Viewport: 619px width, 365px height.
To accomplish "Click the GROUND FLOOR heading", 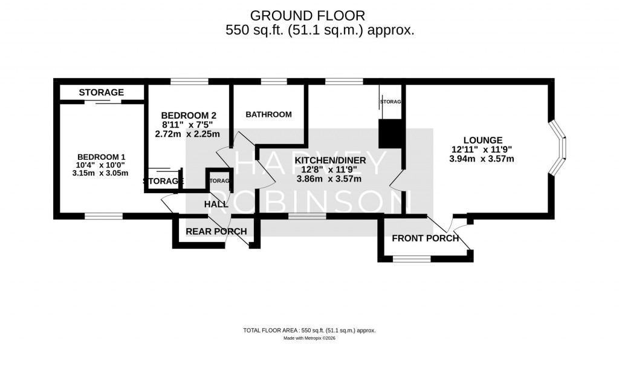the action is click(308, 16).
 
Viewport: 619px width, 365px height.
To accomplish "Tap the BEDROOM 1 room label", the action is click(101, 157).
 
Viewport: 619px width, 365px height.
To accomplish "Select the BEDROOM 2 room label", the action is click(189, 116).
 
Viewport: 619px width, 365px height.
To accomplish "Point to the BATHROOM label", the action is click(268, 114).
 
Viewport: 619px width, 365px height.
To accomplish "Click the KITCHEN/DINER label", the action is click(331, 160).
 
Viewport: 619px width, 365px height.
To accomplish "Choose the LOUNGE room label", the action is click(483, 140).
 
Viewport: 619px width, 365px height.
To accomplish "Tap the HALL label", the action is click(216, 204).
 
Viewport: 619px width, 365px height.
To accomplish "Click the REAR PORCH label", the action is click(216, 231).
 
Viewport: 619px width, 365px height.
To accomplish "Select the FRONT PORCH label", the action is click(425, 238).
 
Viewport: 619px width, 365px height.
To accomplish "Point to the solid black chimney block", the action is click(390, 133).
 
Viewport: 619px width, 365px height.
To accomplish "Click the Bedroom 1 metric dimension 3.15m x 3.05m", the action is click(100, 173).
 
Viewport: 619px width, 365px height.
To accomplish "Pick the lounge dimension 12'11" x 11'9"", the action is click(482, 150).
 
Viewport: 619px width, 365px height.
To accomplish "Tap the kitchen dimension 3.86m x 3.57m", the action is click(329, 179).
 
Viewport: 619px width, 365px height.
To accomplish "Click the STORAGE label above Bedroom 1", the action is click(102, 93).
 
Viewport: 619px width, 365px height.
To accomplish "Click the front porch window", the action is click(411, 259).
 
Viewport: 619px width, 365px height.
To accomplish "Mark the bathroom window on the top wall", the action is click(274, 82).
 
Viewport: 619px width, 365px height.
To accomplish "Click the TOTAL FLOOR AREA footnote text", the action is click(309, 330).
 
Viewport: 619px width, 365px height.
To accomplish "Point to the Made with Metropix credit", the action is click(309, 338).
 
